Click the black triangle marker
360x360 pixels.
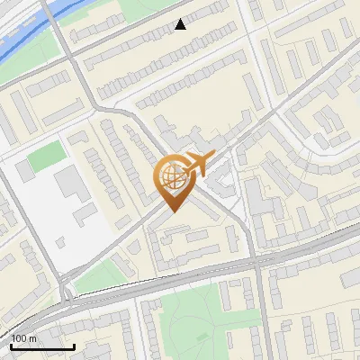181,24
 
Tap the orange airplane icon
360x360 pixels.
196,165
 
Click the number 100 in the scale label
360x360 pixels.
19,337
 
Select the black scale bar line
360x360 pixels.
42,346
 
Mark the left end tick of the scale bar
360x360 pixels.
12,346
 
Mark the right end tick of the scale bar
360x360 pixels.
74,346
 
